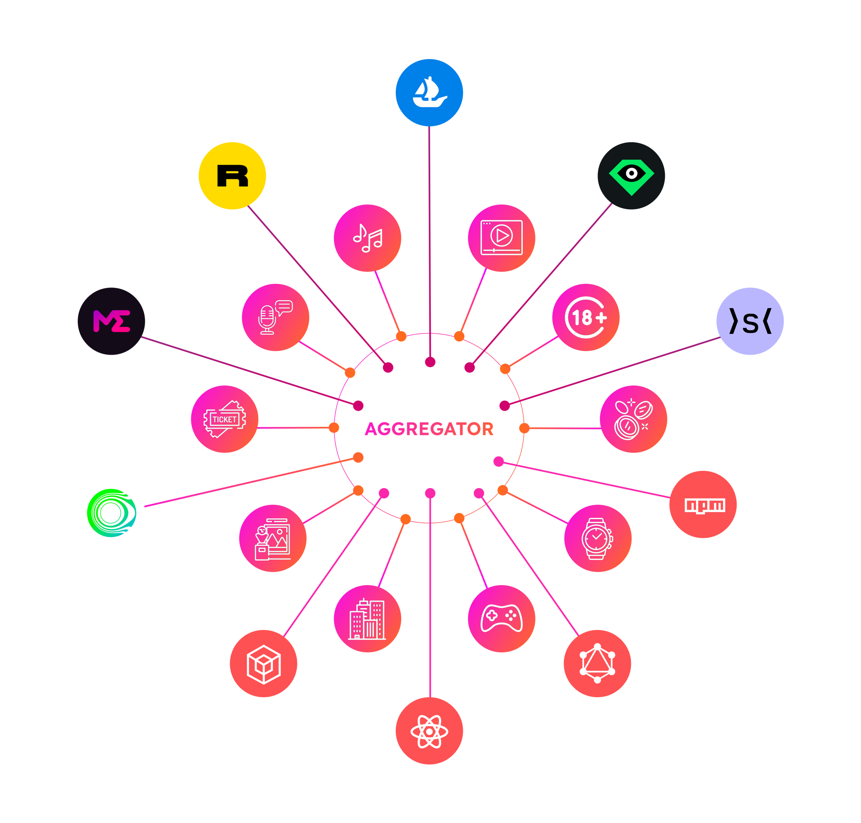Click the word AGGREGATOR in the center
[x=429, y=429]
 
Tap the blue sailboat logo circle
[x=429, y=93]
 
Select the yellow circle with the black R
[x=232, y=176]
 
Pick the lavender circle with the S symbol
[x=750, y=321]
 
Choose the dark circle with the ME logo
[x=111, y=321]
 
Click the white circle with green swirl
[x=111, y=513]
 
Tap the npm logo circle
[x=703, y=504]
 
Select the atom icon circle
[x=429, y=731]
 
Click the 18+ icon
[x=586, y=317]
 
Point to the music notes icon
[x=367, y=238]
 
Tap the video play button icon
[x=502, y=238]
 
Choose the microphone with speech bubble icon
[x=275, y=317]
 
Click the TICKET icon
[x=224, y=419]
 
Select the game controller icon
[x=502, y=619]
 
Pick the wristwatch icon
[x=598, y=538]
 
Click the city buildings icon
[x=367, y=619]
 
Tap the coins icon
[x=633, y=419]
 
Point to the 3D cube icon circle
[x=263, y=663]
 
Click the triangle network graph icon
[x=597, y=663]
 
